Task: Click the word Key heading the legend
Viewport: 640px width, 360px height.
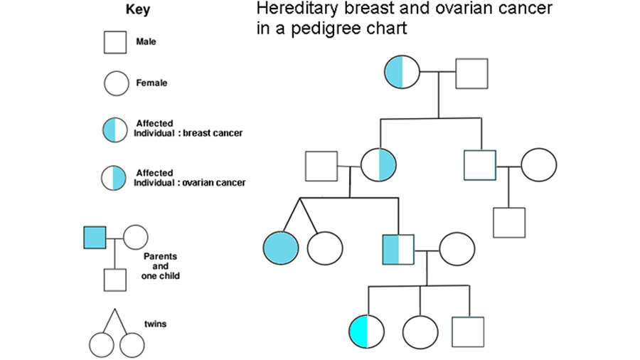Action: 137,9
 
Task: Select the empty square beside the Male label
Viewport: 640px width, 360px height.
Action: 115,43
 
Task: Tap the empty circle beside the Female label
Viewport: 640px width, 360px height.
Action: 117,83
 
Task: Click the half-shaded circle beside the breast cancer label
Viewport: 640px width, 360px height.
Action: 115,129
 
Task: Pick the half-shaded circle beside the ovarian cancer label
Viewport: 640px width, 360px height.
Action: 114,178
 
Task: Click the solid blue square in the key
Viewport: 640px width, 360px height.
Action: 95,238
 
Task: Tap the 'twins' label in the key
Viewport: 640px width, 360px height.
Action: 155,324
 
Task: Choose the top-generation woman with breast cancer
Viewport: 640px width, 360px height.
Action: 402,72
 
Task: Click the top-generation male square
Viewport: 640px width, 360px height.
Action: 471,73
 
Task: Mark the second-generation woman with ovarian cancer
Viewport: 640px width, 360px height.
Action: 378,165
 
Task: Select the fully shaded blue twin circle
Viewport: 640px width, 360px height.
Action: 281,248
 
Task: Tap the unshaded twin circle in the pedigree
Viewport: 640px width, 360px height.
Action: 325,248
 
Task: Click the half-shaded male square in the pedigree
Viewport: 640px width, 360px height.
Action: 398,250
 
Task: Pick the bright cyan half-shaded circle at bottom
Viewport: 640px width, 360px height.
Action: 366,332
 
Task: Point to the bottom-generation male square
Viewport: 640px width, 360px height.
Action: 468,332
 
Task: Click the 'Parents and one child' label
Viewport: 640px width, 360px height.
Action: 161,266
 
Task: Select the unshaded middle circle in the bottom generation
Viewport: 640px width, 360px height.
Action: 420,333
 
